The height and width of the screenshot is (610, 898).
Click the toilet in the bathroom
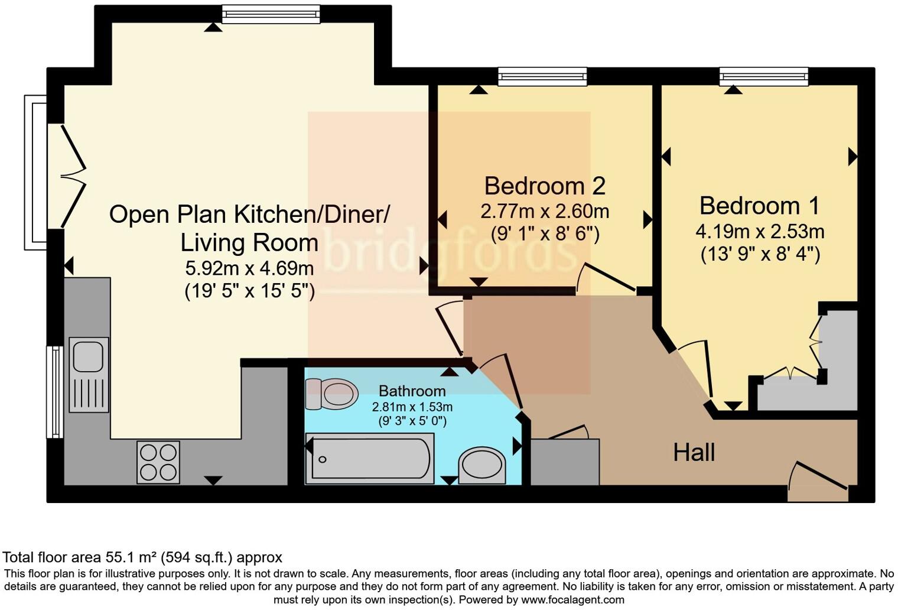tap(331, 394)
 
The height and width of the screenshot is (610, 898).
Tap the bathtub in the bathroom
tap(370, 459)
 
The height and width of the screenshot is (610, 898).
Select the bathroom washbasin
tap(482, 466)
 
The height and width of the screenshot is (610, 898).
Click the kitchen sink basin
tap(89, 357)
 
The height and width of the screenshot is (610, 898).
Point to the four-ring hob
tap(158, 462)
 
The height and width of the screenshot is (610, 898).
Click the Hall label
tap(694, 452)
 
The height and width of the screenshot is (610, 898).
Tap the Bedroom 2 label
tap(545, 186)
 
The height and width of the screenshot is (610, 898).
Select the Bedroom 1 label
tap(760, 206)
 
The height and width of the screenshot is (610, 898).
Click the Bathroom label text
tap(412, 391)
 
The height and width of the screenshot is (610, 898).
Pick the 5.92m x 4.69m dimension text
tap(249, 268)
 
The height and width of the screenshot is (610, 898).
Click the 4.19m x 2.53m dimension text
tap(760, 232)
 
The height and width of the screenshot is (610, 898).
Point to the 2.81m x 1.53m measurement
tap(412, 407)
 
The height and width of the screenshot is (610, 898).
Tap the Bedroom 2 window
tap(542, 76)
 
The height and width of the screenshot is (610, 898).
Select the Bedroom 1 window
tap(764, 76)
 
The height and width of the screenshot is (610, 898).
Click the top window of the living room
tap(271, 14)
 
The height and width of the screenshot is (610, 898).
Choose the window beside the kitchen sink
tap(55, 392)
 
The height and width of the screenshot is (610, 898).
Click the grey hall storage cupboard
tap(565, 462)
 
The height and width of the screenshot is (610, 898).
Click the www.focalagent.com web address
tap(572, 600)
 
